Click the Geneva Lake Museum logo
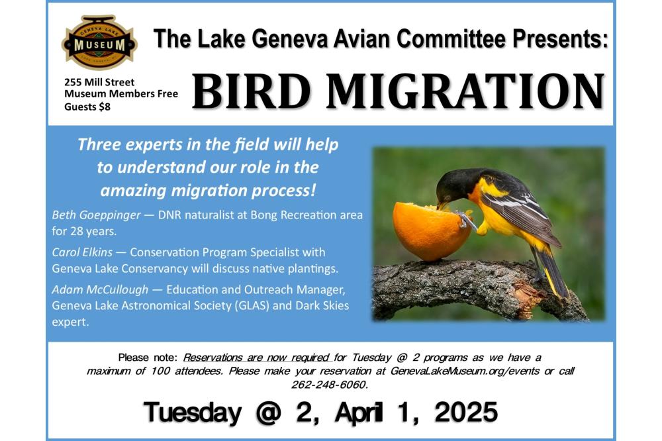(x=100, y=42)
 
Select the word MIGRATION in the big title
(x=465, y=91)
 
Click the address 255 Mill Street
(x=99, y=82)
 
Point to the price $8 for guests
(x=105, y=107)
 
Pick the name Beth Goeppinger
(x=96, y=215)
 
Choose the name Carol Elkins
(x=82, y=252)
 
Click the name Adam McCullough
(x=100, y=289)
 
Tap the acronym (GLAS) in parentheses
(x=252, y=305)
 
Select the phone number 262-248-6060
(x=330, y=385)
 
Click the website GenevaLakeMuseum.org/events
(x=465, y=371)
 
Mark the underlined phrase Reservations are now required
(x=256, y=358)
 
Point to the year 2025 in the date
(x=467, y=412)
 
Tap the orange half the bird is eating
(x=432, y=231)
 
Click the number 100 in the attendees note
(x=160, y=371)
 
